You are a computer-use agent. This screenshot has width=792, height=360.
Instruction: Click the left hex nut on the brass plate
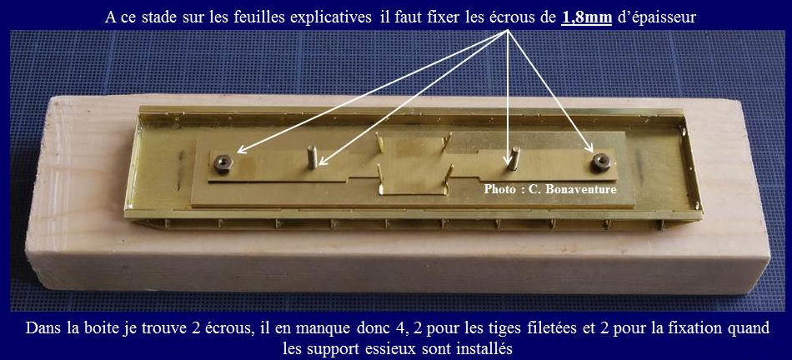pos(223,162)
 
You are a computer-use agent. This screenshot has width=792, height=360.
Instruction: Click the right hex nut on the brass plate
pos(601,162)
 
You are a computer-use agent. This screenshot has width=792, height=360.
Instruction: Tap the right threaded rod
pos(514,157)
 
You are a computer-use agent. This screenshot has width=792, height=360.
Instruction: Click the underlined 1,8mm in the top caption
pos(587,17)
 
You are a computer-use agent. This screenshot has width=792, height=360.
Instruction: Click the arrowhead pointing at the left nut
pos(242,149)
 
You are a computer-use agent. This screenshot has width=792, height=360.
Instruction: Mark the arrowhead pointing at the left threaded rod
pos(323,162)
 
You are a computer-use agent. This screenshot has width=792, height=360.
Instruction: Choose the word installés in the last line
pos(486,348)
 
